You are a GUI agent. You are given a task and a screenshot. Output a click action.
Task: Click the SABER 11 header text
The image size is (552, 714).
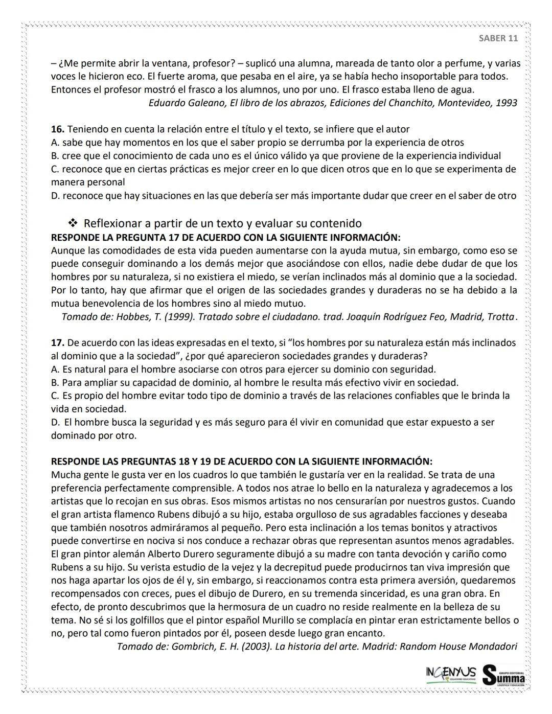[498, 38]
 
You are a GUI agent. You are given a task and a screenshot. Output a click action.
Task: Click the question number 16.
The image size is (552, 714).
[57, 129]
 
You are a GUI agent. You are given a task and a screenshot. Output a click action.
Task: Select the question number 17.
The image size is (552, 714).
[57, 342]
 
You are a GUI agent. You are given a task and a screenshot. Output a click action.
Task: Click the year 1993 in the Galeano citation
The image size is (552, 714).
[506, 103]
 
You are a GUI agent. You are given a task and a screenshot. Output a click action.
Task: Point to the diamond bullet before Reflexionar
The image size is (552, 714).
[73, 223]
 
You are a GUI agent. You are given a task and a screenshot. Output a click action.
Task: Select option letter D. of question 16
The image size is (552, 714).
[55, 196]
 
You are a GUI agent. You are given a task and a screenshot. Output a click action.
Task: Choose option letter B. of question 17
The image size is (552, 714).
[55, 382]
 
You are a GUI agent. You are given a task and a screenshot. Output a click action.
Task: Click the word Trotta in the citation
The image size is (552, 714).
[500, 317]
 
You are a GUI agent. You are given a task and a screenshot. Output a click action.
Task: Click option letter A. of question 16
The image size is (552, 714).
[55, 143]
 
